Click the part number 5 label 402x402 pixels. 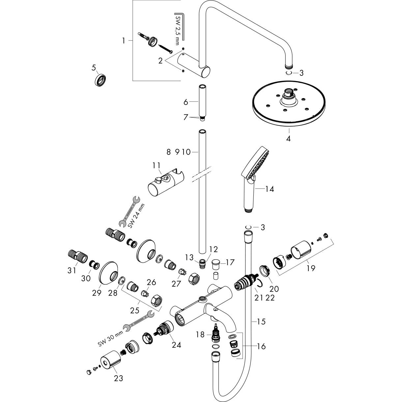(x=94, y=68)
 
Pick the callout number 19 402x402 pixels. (x=310, y=268)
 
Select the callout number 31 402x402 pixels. (x=72, y=270)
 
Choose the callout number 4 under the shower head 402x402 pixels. (x=288, y=139)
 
